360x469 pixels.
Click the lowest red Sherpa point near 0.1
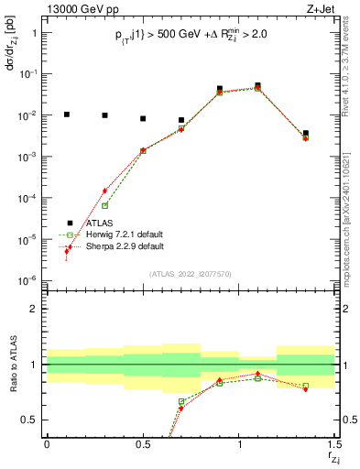pos(66,250)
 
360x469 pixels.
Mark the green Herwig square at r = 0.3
pos(104,205)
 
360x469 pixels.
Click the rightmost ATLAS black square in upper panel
pos(306,133)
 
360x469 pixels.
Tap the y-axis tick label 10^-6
pos(31,280)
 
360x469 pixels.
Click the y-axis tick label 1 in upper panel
pos(37,33)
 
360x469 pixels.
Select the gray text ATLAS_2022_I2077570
pos(191,274)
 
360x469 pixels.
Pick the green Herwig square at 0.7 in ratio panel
pos(181,401)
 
